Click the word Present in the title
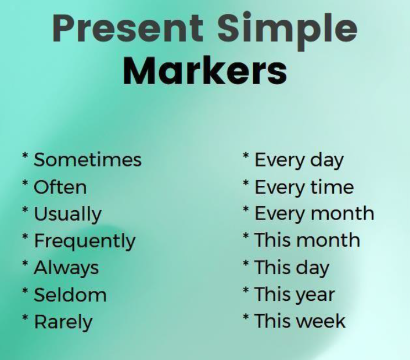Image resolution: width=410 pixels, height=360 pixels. [x=128, y=28]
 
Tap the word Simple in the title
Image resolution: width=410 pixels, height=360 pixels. [x=287, y=31]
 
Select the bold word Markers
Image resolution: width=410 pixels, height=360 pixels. [x=205, y=71]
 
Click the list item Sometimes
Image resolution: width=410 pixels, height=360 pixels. [x=88, y=160]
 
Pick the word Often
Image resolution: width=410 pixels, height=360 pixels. [x=60, y=187]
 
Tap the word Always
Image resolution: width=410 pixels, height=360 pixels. [x=66, y=269]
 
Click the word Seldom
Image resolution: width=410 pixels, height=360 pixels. [x=70, y=295]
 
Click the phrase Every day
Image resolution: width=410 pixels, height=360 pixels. [x=299, y=160]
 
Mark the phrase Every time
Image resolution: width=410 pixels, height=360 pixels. [x=304, y=188]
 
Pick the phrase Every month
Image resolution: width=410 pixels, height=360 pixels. [x=314, y=215]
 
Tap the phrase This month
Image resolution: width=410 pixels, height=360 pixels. [x=307, y=240]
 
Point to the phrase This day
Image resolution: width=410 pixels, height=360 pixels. [x=292, y=268]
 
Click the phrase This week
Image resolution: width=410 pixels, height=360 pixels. [x=300, y=321]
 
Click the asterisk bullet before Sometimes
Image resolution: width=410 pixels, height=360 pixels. [x=25, y=156]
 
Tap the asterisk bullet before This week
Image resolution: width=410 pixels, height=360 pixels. [x=246, y=317]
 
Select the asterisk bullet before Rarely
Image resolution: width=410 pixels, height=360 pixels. [x=25, y=318]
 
